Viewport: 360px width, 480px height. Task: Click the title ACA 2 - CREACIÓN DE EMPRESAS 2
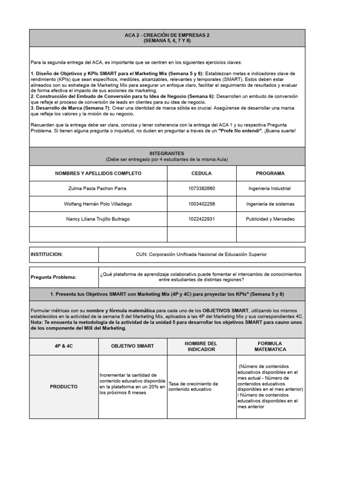coord(167,35)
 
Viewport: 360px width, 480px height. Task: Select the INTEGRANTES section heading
coord(167,153)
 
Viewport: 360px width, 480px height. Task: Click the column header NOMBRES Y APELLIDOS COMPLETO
coord(98,173)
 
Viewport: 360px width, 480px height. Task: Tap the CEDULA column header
coord(202,173)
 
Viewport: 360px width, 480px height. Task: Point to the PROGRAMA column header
coord(270,173)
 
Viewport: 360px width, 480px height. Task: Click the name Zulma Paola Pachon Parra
coord(98,188)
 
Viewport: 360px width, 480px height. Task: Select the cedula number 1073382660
coord(202,188)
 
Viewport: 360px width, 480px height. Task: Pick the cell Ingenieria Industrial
coord(270,188)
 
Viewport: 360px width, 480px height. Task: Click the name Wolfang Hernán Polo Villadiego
coord(98,204)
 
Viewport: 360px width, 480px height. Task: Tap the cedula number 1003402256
coord(202,204)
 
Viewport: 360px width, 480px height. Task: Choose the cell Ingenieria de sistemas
coord(270,204)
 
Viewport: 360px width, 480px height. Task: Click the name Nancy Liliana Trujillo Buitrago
coord(98,219)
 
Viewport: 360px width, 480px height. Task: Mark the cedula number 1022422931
coord(202,219)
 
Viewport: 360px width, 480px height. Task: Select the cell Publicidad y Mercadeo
coord(270,219)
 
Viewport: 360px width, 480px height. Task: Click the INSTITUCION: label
coord(47,254)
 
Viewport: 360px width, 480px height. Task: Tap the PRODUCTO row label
coord(63,387)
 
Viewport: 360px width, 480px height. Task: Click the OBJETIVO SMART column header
coord(132,346)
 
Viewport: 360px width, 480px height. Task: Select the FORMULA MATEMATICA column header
coord(270,346)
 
